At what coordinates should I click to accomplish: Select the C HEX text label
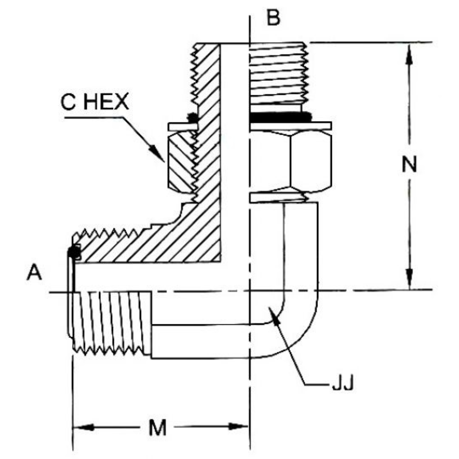[x=94, y=102]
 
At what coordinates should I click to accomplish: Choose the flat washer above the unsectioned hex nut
[x=291, y=126]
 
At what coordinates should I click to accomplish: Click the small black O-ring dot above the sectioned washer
[x=193, y=117]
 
